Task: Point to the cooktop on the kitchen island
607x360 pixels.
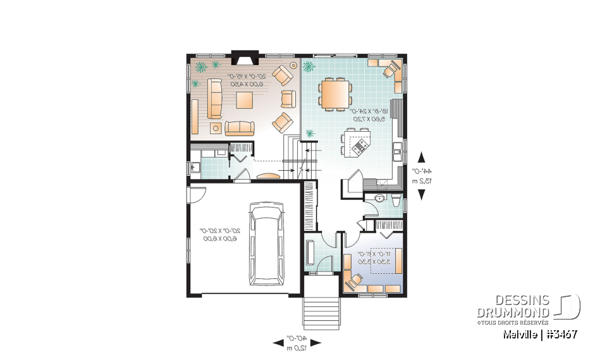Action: [360, 147]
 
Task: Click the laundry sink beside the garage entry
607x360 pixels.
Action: [193, 167]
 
